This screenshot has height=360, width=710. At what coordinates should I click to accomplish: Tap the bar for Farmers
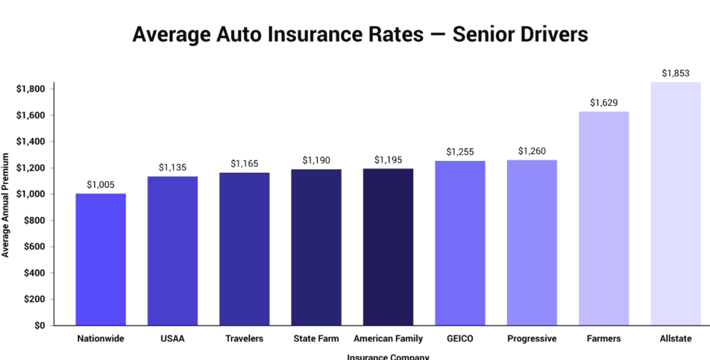pyautogui.click(x=603, y=218)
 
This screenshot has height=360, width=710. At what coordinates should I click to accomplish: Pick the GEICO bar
pyautogui.click(x=460, y=243)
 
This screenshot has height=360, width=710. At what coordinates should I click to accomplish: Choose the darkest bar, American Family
pyautogui.click(x=388, y=246)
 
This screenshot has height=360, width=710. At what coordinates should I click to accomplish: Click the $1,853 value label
pyautogui.click(x=675, y=73)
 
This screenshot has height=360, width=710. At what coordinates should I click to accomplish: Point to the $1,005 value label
pyautogui.click(x=101, y=185)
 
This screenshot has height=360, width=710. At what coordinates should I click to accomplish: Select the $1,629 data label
pyautogui.click(x=603, y=103)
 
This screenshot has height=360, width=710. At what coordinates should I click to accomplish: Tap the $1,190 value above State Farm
pyautogui.click(x=316, y=160)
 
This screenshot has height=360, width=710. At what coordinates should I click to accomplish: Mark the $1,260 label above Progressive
pyautogui.click(x=532, y=151)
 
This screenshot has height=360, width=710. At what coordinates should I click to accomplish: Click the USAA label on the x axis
pyautogui.click(x=173, y=339)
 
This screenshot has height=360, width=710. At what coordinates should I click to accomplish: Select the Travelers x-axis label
pyautogui.click(x=244, y=339)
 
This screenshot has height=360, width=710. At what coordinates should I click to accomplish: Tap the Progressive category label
pyautogui.click(x=532, y=339)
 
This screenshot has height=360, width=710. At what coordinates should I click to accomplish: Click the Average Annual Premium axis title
pyautogui.click(x=6, y=204)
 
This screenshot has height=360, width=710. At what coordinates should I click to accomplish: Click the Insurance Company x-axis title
pyautogui.click(x=388, y=357)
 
